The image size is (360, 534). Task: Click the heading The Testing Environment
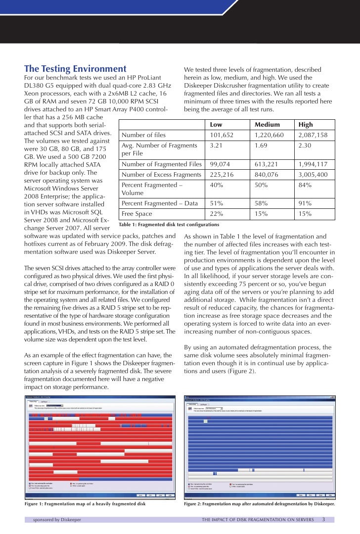[x=76, y=69]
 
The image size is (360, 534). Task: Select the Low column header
[x=216, y=125]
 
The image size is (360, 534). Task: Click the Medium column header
[x=267, y=125]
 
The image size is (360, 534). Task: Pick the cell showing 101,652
[x=222, y=135]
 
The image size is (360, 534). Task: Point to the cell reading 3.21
[x=217, y=146]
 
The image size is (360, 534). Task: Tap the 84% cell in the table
[x=305, y=185]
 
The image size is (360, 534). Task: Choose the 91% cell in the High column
[x=305, y=203]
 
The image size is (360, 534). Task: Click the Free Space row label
[x=138, y=214]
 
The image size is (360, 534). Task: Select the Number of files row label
[x=144, y=135]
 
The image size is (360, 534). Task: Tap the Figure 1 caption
[x=85, y=504]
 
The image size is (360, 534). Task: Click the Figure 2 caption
[x=259, y=504]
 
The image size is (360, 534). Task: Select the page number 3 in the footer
[x=323, y=520]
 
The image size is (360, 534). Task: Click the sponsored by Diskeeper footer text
[x=57, y=520]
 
